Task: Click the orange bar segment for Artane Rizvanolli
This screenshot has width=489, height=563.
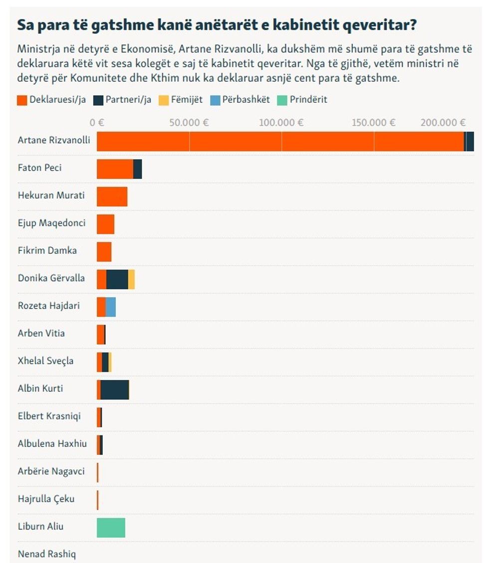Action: (279, 141)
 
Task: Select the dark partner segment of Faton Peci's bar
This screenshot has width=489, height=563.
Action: (138, 169)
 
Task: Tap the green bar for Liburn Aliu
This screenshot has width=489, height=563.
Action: (111, 528)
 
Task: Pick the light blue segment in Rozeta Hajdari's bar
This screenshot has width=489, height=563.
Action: (111, 307)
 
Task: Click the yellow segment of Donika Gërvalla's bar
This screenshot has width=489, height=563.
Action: (131, 279)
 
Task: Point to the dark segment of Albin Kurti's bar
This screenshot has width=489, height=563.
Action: (115, 389)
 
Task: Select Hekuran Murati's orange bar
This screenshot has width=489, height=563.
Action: (112, 196)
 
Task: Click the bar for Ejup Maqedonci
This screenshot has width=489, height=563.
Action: (105, 224)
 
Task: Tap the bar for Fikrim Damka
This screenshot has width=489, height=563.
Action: (104, 251)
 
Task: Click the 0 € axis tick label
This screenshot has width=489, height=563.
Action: (96, 123)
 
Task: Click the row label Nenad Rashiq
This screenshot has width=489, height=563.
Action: (47, 554)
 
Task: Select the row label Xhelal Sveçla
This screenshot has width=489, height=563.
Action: (45, 361)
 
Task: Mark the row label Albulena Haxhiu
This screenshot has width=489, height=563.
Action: (52, 443)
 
